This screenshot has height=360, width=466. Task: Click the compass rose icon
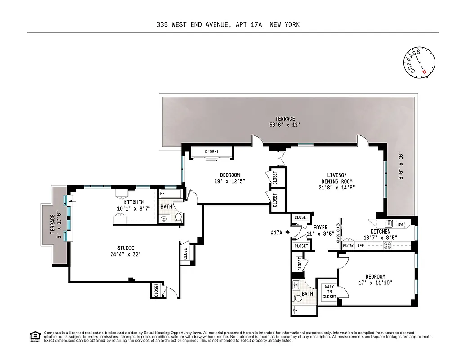click(419, 62)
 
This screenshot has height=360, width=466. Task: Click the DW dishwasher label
click(400, 224)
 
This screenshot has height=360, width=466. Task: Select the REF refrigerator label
click(360, 246)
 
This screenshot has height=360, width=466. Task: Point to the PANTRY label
click(348, 246)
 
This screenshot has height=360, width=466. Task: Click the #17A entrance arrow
click(287, 233)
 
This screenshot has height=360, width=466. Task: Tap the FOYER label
click(320, 228)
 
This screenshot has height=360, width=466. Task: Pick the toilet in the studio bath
click(178, 218)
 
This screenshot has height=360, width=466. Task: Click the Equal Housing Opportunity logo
click(33, 336)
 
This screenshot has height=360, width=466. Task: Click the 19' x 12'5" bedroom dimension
click(229, 181)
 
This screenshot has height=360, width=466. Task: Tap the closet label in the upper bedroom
click(211, 152)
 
